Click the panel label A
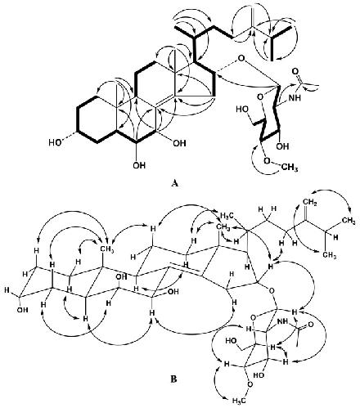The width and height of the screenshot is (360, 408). (175, 183)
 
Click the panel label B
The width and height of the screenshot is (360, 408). (173, 379)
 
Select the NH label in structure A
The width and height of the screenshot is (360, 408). (295, 97)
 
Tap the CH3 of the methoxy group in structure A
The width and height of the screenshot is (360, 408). (289, 168)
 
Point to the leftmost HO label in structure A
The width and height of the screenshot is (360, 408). (56, 142)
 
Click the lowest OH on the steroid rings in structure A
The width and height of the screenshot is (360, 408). (139, 165)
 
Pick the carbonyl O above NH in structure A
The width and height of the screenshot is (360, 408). (295, 72)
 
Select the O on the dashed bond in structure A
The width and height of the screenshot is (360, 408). (241, 58)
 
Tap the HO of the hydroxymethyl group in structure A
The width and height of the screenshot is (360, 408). (242, 110)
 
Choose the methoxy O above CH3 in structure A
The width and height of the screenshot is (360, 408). (268, 160)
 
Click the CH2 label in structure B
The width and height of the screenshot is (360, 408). (310, 203)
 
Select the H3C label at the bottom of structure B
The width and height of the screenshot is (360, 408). (239, 401)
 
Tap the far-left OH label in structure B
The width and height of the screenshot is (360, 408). (22, 309)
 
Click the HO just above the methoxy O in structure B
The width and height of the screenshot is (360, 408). (259, 374)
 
